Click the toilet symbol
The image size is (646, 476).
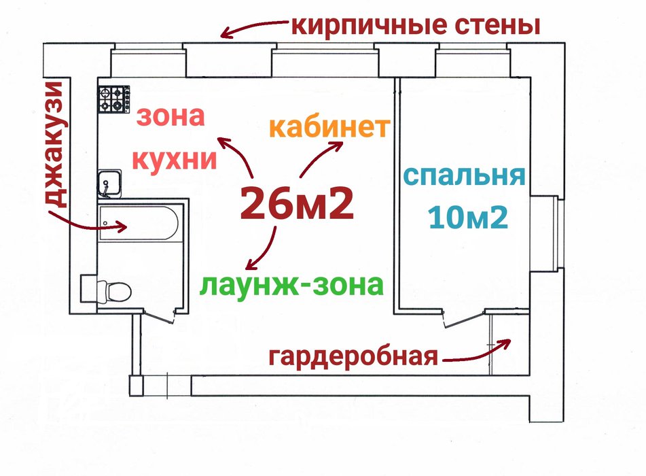point(115,290)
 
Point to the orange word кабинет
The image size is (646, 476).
point(329,127)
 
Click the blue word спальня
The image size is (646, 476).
point(465,175)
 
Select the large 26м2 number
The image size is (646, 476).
point(297,202)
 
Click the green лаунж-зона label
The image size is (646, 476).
point(292,284)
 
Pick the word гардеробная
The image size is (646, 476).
point(353,356)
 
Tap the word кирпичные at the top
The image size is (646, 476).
point(363,27)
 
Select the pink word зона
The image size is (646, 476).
point(171,117)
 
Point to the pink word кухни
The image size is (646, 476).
point(175,160)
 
